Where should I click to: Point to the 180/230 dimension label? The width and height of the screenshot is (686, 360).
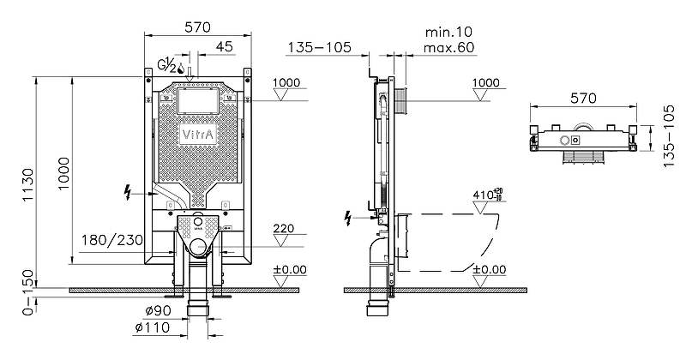[111, 241]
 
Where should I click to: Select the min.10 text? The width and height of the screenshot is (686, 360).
[448, 31]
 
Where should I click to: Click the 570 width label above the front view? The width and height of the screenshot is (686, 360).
[197, 27]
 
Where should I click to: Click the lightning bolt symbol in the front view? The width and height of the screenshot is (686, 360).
[129, 193]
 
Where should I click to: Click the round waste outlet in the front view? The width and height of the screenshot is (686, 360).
[198, 249]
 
